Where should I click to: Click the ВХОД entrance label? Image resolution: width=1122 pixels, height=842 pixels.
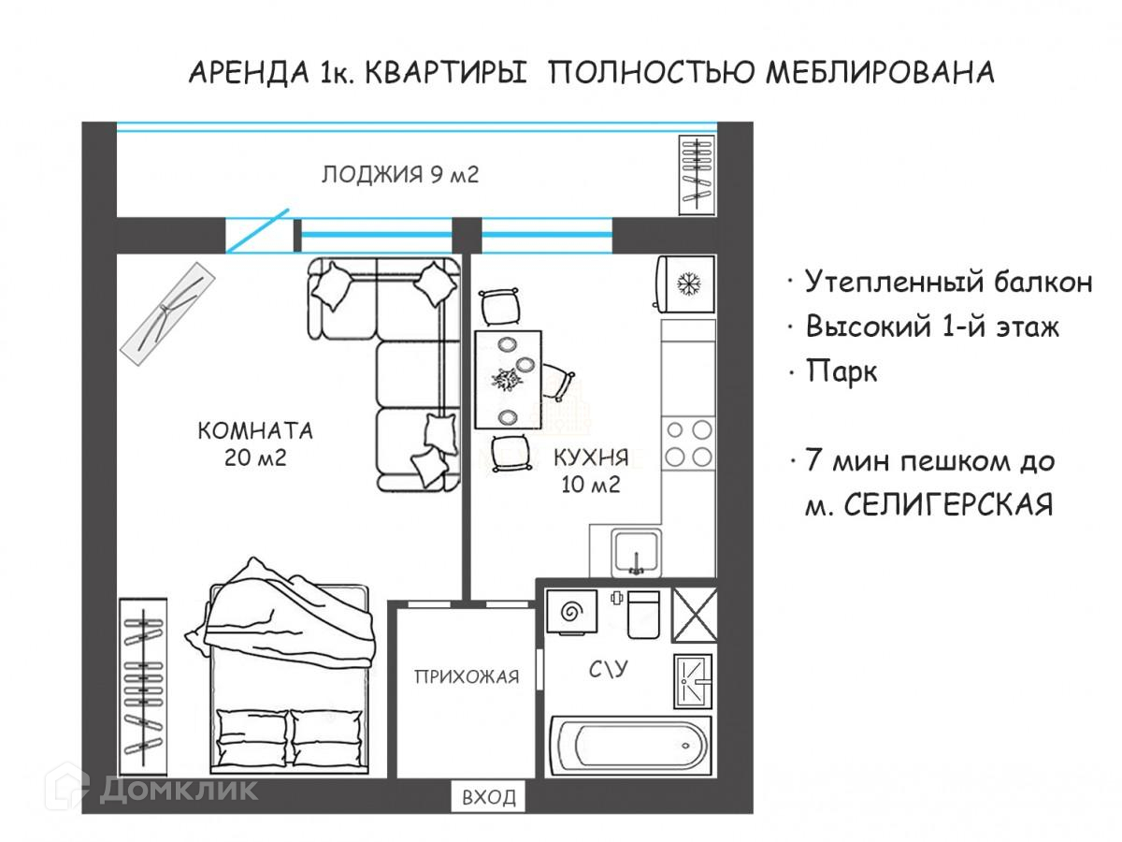488,797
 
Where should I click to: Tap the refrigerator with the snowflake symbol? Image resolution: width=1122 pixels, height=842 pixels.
687,283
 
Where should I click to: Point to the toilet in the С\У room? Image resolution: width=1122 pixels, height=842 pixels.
643,614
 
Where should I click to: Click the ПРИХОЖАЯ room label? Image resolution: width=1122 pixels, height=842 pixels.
467,677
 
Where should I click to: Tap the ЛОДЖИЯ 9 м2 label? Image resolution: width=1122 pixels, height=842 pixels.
400,175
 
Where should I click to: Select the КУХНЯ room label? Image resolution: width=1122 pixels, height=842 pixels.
590,458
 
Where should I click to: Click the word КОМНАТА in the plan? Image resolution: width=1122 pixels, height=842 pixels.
254,432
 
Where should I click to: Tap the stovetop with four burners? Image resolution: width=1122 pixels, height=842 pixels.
687,443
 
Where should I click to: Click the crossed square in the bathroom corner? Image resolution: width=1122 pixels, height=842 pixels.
695,615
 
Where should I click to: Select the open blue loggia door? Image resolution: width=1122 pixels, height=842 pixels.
259,232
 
